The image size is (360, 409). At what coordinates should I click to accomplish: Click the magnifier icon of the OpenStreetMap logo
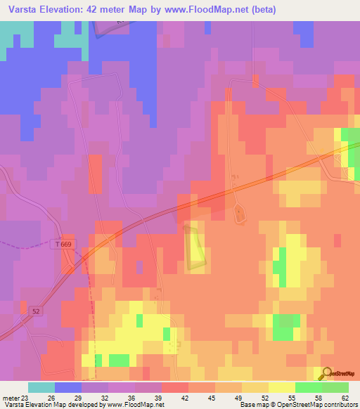(327, 373)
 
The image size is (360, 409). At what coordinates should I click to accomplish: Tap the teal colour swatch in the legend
(41, 387)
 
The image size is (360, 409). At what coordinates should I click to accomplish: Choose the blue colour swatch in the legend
(68, 387)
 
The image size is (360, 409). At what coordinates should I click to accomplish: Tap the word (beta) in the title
(260, 10)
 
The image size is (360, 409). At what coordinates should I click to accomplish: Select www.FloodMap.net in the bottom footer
(141, 405)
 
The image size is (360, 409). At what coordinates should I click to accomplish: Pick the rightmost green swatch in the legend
(335, 387)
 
